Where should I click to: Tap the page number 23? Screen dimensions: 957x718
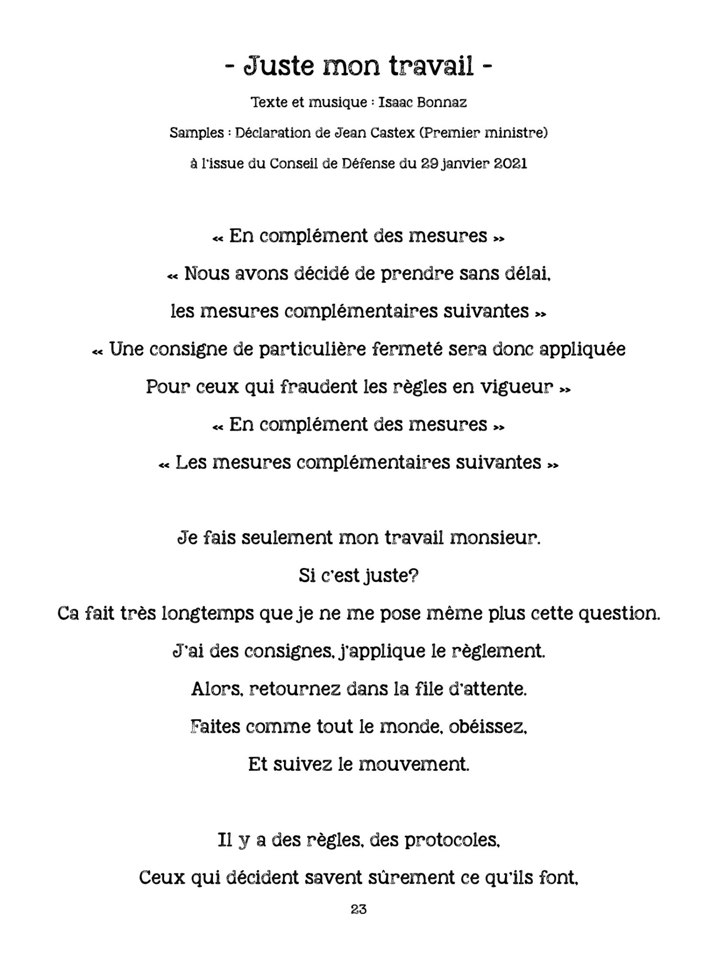point(359,922)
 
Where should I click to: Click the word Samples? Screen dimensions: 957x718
point(197,133)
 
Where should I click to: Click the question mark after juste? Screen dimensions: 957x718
point(414,576)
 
